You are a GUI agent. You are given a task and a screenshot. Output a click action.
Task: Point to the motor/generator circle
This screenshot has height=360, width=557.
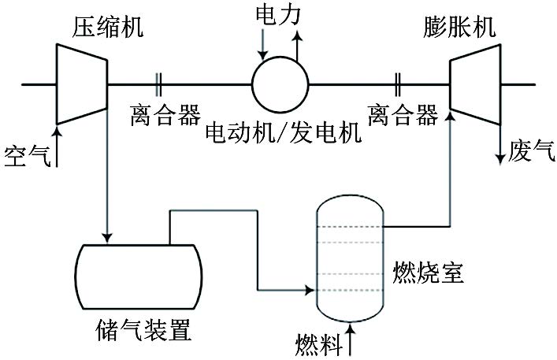coord(280,84)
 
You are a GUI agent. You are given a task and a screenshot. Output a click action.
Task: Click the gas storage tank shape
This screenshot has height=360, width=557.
coord(137,276)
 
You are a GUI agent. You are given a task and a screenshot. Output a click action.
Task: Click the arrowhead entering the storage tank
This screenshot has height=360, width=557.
coord(107,236)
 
